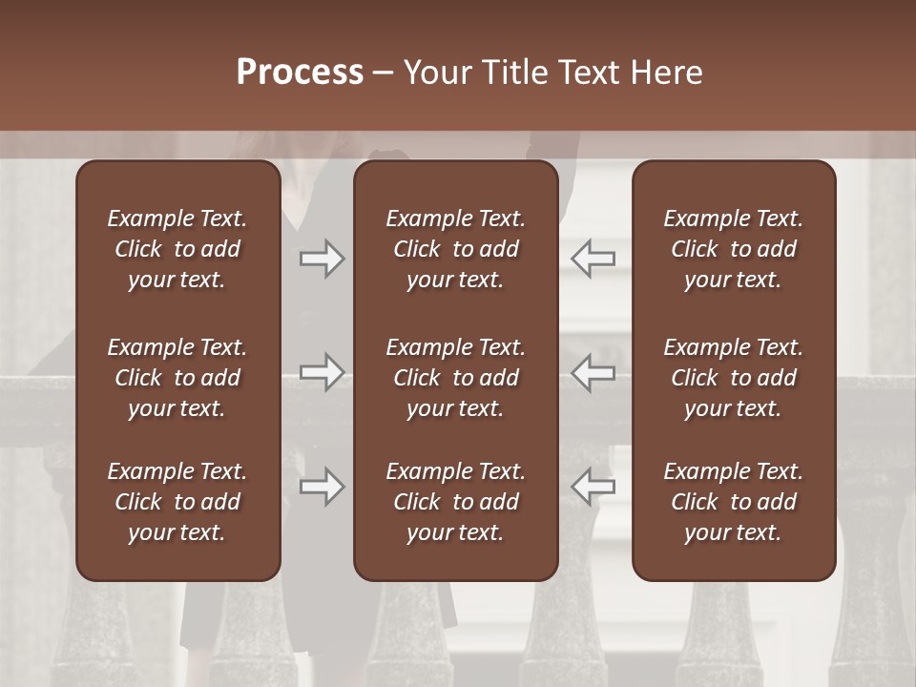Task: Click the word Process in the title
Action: click(300, 73)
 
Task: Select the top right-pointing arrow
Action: click(322, 259)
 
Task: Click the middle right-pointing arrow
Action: click(322, 372)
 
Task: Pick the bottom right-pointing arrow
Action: click(322, 487)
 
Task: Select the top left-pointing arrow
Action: click(593, 259)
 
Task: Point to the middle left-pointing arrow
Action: click(593, 372)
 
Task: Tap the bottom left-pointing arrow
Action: click(593, 487)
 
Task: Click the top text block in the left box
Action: click(177, 249)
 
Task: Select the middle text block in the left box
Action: click(177, 378)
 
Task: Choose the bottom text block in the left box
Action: click(177, 502)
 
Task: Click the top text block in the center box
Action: click(455, 249)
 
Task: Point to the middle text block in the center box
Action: click(455, 378)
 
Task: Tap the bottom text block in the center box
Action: click(455, 502)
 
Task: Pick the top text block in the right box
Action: click(733, 249)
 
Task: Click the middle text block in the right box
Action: click(733, 378)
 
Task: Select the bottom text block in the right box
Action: click(733, 502)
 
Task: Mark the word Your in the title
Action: click(438, 73)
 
